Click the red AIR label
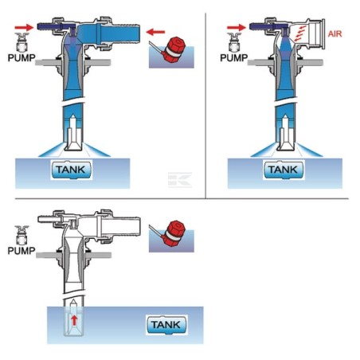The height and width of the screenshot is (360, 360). (335, 34)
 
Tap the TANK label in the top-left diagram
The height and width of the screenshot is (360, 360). (71, 170)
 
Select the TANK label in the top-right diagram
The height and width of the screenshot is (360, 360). (284, 170)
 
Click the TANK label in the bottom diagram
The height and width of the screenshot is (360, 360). (166, 325)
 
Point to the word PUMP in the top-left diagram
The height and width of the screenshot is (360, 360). (22, 58)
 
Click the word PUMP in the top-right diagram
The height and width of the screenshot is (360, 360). (234, 58)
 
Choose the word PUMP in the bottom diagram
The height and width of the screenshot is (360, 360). (22, 251)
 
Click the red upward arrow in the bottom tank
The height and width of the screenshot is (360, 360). (74, 320)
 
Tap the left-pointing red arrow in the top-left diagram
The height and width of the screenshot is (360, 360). (155, 33)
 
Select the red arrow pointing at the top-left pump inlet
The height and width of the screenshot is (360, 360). (24, 27)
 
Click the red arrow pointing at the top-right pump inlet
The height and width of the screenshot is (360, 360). (237, 27)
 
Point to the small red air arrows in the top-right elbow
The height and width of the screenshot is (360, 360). (300, 33)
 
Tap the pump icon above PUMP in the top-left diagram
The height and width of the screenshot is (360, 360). (22, 42)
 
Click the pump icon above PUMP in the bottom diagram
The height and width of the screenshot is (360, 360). (22, 235)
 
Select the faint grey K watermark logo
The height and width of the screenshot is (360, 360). (180, 180)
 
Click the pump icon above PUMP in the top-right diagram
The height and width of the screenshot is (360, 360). (234, 42)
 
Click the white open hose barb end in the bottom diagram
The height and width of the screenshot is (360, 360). (121, 226)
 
